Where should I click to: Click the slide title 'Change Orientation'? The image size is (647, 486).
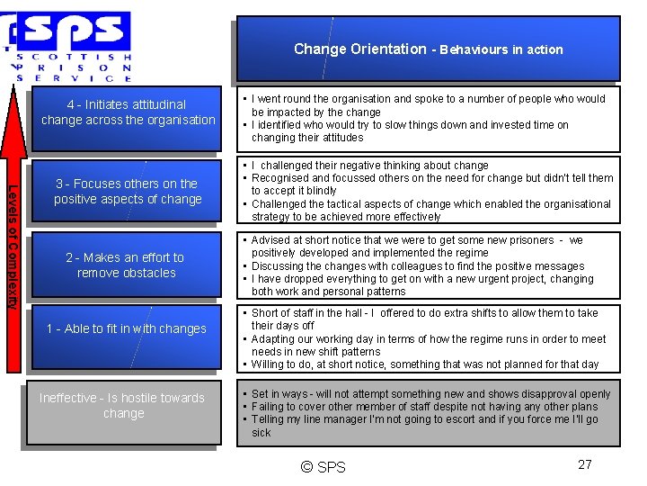click(359, 49)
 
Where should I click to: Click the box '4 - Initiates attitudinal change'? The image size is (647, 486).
click(129, 112)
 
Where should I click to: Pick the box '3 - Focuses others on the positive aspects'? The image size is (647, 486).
click(129, 192)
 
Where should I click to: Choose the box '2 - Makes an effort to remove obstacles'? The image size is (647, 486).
click(127, 265)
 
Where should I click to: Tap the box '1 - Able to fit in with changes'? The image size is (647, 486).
click(127, 328)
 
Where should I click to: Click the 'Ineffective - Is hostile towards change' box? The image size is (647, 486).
click(123, 406)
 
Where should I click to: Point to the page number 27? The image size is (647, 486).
click(585, 465)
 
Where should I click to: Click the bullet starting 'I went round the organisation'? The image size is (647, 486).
click(429, 105)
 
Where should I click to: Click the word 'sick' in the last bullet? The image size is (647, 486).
click(261, 433)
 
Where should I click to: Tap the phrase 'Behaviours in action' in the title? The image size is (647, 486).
click(501, 50)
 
